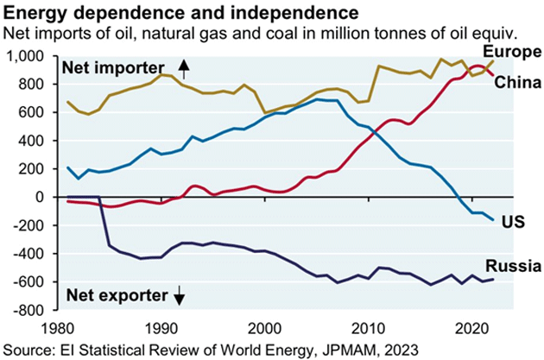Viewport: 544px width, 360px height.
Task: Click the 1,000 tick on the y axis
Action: [x=33, y=56]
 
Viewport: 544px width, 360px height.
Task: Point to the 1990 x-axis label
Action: [x=161, y=329]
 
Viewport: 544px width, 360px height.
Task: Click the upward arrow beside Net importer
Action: [x=183, y=66]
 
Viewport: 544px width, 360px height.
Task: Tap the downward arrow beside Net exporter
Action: [x=180, y=297]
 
